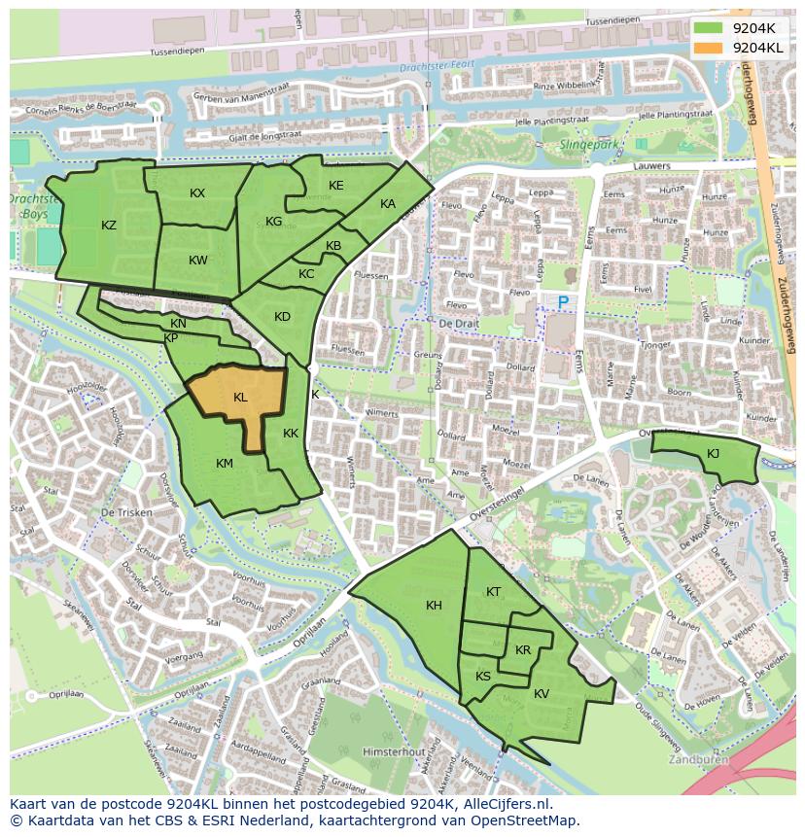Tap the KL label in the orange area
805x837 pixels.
click(240, 398)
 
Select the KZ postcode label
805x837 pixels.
click(109, 226)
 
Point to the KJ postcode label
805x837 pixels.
click(713, 453)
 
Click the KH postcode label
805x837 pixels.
click(434, 606)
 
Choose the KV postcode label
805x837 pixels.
click(542, 694)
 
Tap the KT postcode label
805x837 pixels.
click(493, 592)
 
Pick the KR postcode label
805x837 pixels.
click(523, 650)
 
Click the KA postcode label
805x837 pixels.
click(388, 204)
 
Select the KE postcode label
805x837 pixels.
click(335, 186)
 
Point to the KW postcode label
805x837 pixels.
click(198, 261)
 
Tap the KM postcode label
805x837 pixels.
click(225, 464)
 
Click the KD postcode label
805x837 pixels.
click(282, 317)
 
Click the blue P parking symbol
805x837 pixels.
click(563, 303)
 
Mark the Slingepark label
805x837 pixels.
click(589, 145)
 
